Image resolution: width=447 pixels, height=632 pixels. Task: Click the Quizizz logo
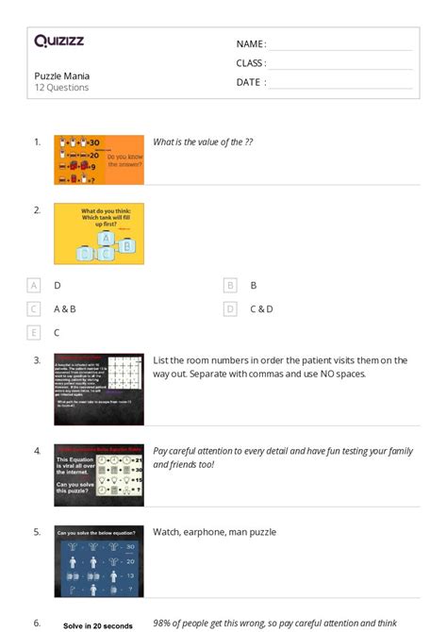pos(59,42)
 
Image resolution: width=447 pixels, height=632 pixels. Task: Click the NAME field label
pos(251,44)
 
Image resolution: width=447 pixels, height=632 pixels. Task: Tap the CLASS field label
pos(251,63)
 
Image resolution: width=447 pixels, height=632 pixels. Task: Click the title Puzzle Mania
pos(62,75)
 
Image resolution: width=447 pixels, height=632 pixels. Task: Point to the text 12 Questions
pos(61,88)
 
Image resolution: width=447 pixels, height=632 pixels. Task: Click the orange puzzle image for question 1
pos(99,159)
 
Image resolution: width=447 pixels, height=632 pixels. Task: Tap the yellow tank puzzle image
pos(99,233)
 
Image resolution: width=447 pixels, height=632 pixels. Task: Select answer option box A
pos(35,285)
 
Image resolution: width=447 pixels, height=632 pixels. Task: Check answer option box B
pos(230,285)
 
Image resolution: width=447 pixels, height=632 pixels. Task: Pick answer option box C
pos(35,308)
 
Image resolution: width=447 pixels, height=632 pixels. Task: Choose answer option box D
pos(230,308)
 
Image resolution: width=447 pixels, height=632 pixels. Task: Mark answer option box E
pos(35,332)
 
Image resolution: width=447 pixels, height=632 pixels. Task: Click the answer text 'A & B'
pos(65,308)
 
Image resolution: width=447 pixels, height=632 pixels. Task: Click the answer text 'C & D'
pos(261,308)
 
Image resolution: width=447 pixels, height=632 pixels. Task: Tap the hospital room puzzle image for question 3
pos(99,389)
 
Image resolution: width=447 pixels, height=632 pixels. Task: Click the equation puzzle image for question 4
pos(99,474)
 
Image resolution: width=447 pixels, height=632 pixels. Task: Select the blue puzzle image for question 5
pos(99,560)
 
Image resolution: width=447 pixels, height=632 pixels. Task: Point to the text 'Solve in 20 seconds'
pos(98,625)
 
